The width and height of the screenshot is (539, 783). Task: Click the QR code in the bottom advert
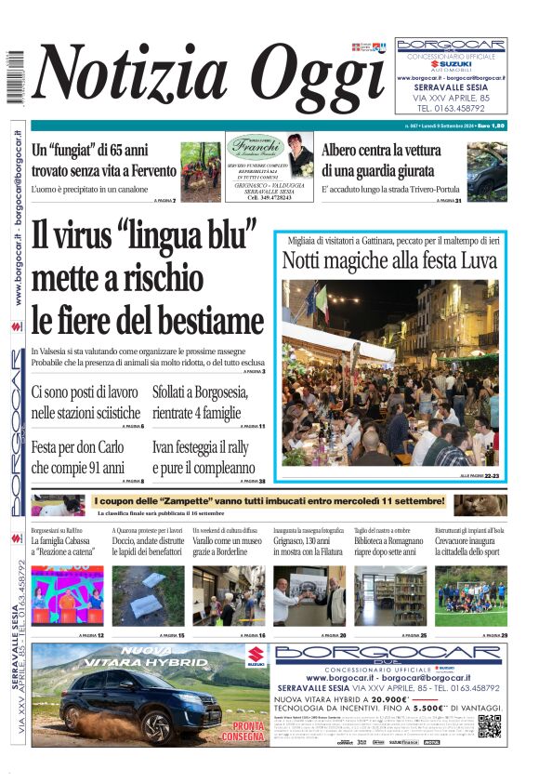click(490, 726)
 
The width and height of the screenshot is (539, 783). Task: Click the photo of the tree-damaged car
click(486, 170)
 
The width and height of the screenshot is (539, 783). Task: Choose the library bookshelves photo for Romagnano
click(389, 595)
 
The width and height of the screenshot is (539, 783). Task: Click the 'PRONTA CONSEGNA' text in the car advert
click(248, 730)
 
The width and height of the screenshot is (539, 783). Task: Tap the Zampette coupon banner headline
click(269, 502)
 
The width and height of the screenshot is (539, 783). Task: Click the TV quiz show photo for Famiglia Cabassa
click(67, 595)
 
